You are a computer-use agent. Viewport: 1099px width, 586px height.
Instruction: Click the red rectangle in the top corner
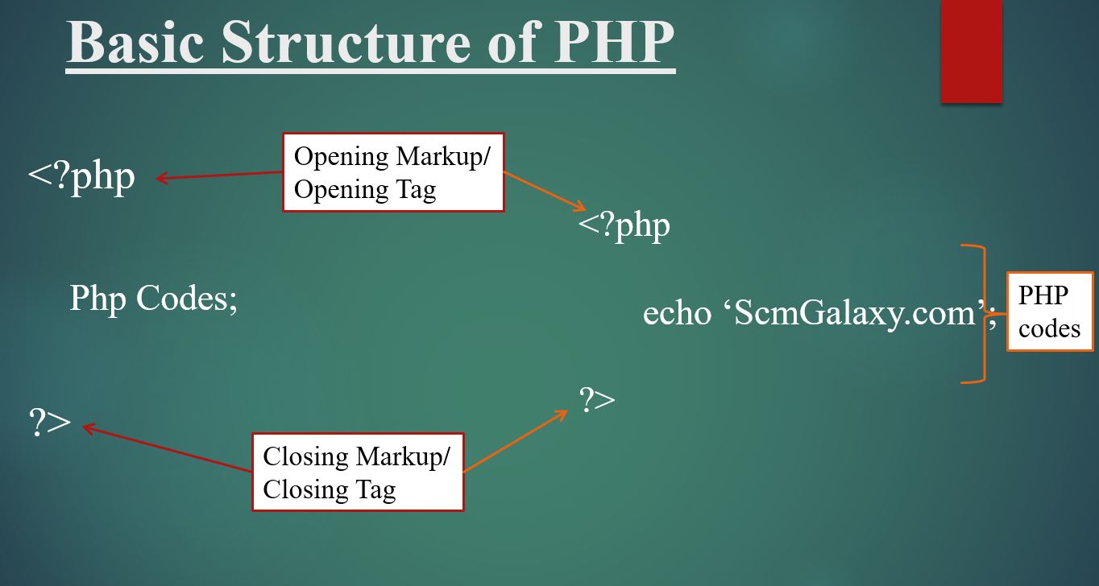[x=971, y=50]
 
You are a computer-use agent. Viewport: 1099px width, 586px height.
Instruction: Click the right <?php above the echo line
[x=624, y=226]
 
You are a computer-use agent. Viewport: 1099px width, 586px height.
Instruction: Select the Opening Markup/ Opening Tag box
[x=393, y=172]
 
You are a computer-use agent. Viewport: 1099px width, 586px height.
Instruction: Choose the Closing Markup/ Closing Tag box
[x=358, y=472]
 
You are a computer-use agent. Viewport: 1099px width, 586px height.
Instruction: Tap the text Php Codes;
[x=153, y=299]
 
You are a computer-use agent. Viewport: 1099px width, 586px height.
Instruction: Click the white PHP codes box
[x=1049, y=312]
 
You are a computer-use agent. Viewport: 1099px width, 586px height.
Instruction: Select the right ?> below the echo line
[x=597, y=399]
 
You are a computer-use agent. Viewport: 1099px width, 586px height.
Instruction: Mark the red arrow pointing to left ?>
[x=168, y=449]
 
